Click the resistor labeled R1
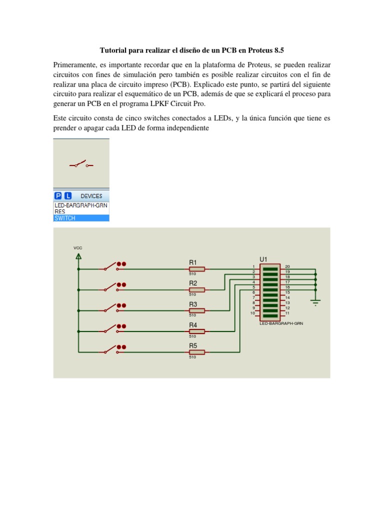197,268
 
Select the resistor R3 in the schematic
197,310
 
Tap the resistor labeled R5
197,352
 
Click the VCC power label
77,248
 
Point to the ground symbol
315,301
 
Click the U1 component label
263,259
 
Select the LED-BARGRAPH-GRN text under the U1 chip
281,323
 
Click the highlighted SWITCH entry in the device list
65,218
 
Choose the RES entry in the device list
60,211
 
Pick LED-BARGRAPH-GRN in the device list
80,205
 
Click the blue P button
58,196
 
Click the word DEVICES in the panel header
91,196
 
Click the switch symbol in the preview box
80,164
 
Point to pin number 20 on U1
287,266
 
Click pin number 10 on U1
253,313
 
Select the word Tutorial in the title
114,50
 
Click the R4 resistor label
193,325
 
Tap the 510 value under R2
192,294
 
